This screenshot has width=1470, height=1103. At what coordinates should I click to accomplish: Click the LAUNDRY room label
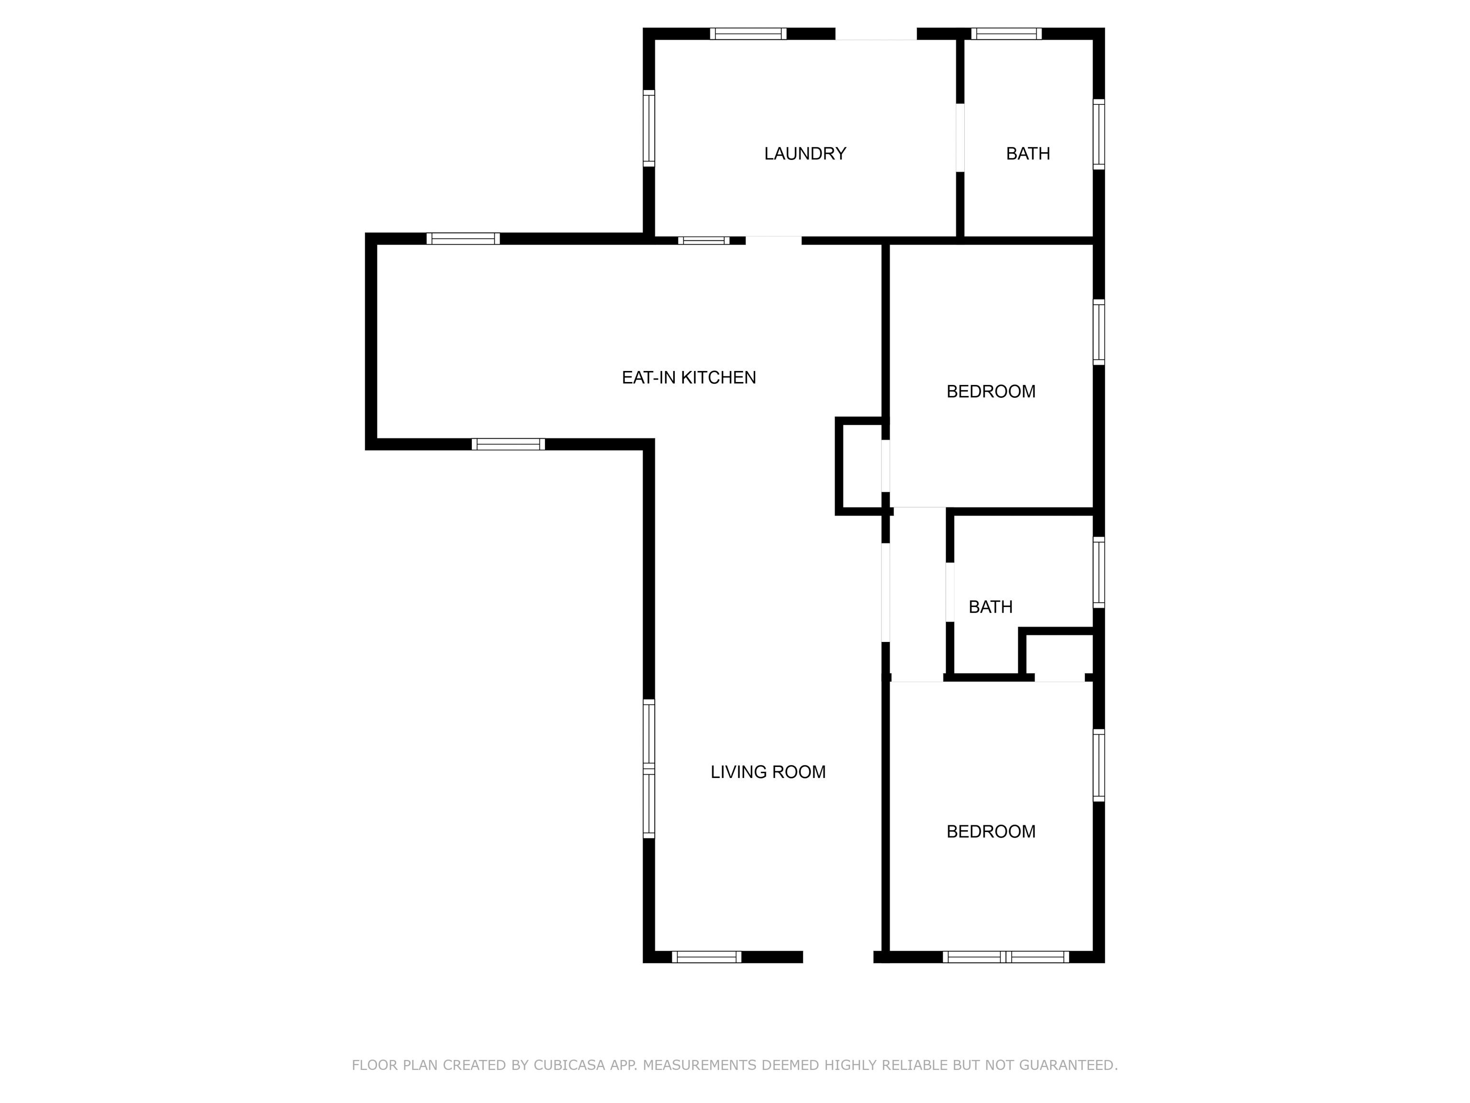(805, 154)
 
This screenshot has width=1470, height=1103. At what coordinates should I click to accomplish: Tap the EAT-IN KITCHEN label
(689, 378)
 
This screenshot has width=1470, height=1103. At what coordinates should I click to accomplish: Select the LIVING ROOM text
(768, 772)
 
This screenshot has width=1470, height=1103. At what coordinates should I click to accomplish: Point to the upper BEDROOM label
(991, 392)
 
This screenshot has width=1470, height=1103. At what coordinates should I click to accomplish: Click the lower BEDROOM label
(991, 832)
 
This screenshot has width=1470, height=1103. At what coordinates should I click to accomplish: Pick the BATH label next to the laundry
(1028, 154)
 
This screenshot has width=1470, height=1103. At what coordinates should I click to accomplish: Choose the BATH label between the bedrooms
(990, 607)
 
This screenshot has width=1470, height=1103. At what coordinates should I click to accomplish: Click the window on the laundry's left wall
(648, 128)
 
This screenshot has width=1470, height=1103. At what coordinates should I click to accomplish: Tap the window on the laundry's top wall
(748, 34)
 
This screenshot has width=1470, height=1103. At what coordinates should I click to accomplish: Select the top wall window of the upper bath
(1006, 34)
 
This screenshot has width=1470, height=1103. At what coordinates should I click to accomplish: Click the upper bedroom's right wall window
(1099, 332)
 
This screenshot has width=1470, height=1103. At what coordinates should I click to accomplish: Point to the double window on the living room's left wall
(648, 768)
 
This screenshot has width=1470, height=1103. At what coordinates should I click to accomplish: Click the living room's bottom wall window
(706, 957)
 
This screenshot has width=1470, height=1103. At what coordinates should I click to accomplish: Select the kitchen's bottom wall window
(508, 444)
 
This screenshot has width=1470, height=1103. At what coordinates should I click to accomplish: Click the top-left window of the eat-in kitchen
(463, 239)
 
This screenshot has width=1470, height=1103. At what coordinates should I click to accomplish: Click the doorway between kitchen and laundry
(774, 240)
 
